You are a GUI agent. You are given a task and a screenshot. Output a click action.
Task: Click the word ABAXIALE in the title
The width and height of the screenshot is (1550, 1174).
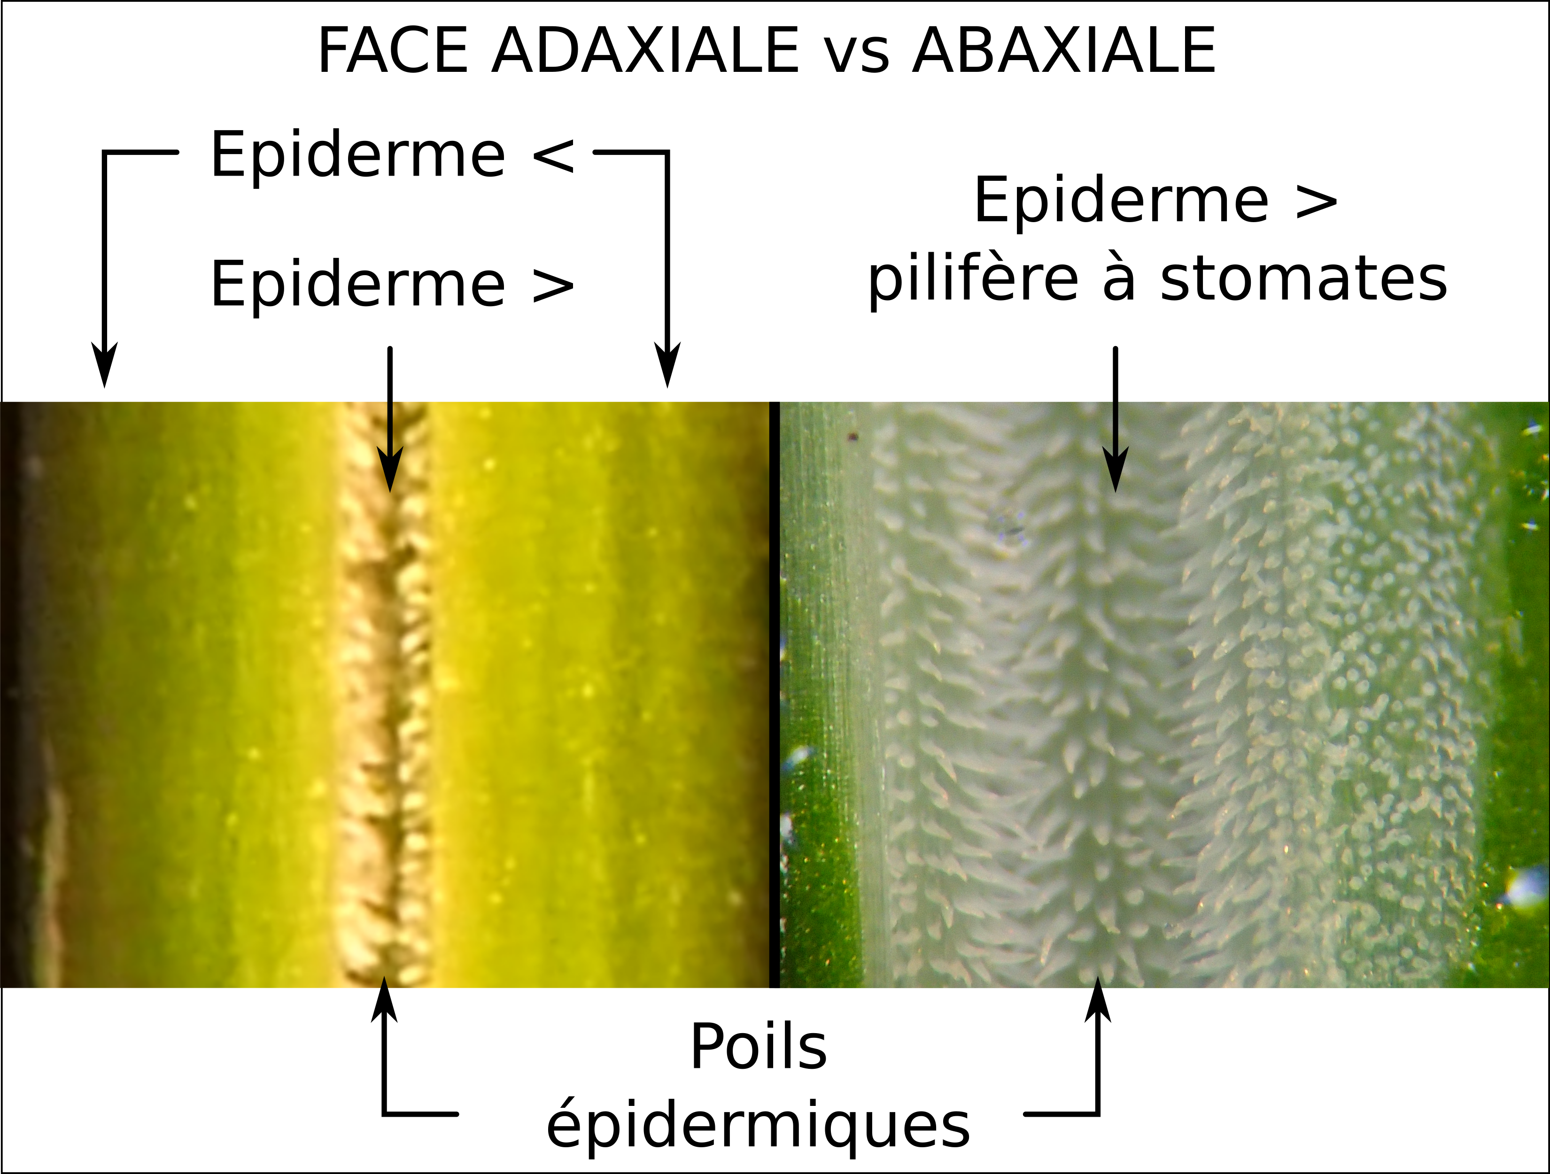click(x=1064, y=50)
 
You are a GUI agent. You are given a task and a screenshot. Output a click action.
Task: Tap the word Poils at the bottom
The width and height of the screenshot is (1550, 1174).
click(x=759, y=1047)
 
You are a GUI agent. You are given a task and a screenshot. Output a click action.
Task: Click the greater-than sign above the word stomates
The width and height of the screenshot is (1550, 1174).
click(x=1317, y=202)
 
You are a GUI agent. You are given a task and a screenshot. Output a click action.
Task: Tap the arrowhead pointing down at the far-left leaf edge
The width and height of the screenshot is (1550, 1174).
click(x=105, y=364)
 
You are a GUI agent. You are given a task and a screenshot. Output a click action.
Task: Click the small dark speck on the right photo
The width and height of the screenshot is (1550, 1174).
click(x=853, y=437)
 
